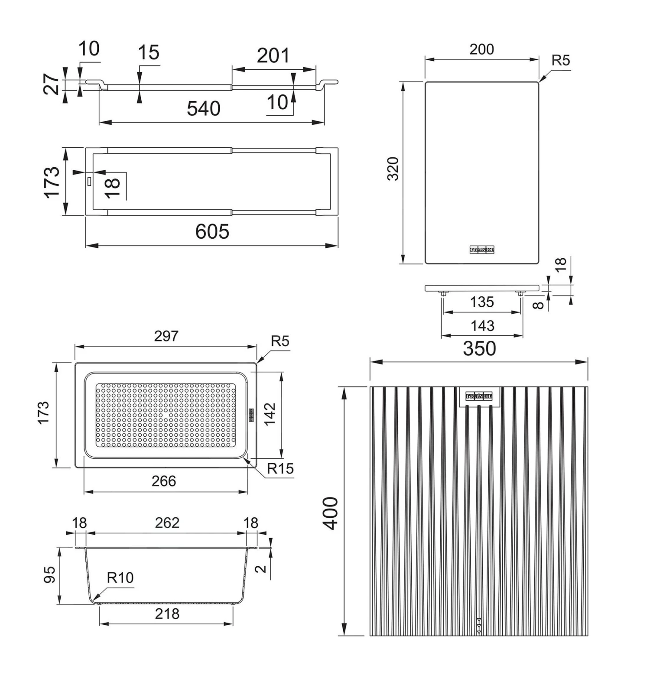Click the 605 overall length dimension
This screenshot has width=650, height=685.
click(212, 231)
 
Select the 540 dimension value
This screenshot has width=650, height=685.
click(203, 108)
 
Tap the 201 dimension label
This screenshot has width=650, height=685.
click(273, 56)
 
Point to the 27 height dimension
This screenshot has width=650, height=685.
click(52, 84)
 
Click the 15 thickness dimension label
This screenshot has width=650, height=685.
click(148, 53)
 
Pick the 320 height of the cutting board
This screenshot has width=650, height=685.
click(393, 169)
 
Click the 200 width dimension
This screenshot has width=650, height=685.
click(481, 49)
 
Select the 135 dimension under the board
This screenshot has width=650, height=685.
click(482, 302)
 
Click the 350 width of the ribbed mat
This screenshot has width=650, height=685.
click(479, 348)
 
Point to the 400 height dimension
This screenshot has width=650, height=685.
click(331, 513)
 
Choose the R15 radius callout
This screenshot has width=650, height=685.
click(280, 468)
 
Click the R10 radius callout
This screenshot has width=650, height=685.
click(120, 578)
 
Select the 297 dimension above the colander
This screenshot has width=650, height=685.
click(166, 336)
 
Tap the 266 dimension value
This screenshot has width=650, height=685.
click(164, 481)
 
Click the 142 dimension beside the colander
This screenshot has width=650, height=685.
click(270, 414)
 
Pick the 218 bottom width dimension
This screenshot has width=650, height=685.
click(167, 614)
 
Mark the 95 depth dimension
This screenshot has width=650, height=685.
click(50, 575)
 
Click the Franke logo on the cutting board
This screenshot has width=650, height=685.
click(482, 250)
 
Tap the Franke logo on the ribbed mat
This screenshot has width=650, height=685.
click(479, 396)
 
